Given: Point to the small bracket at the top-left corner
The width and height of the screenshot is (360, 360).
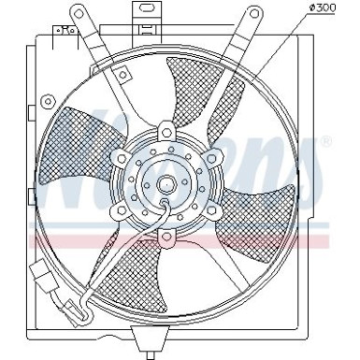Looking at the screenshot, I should (65, 36).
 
